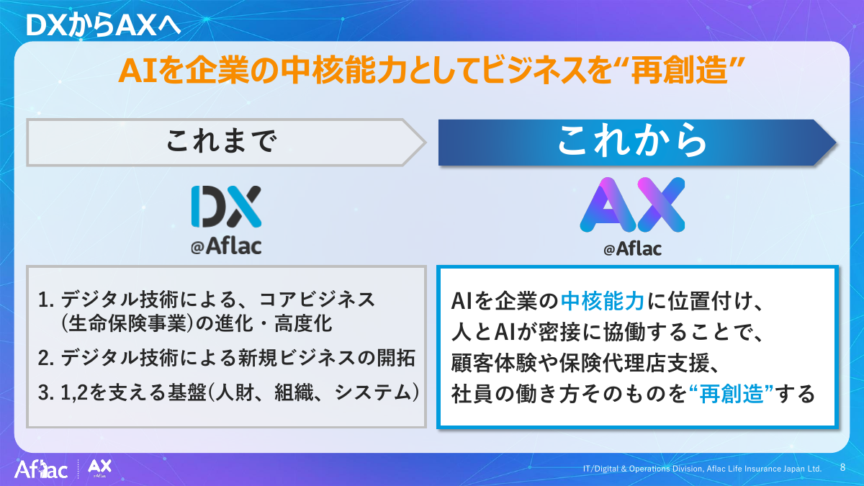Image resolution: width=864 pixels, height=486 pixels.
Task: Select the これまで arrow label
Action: [221, 142]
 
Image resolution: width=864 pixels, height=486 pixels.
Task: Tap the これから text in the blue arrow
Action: [633, 142]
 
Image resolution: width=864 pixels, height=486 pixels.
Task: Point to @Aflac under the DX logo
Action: [226, 247]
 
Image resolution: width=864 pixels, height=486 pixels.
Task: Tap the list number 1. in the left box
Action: [46, 298]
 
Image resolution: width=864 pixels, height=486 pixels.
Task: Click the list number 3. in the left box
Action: [46, 393]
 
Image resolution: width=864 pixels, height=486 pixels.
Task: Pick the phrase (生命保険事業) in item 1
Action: [129, 324]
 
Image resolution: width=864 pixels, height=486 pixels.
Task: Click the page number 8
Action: [842, 467]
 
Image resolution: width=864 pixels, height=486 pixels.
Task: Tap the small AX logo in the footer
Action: [99, 469]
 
